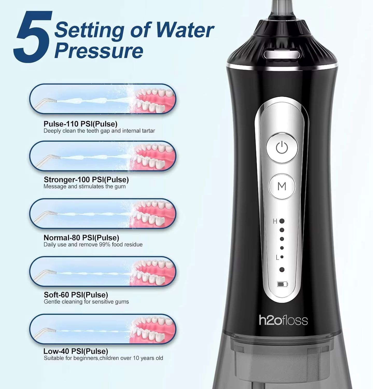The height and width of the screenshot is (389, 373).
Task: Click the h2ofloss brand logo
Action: [x=283, y=320]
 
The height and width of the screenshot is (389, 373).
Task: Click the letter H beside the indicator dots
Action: [x=275, y=221]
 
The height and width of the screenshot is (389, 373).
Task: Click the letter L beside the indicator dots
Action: [x=277, y=257]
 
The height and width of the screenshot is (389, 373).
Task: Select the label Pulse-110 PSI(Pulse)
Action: [x=80, y=124]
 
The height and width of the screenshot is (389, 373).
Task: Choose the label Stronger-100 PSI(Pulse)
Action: [x=86, y=179]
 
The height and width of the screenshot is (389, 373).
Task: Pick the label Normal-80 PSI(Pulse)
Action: [x=81, y=238]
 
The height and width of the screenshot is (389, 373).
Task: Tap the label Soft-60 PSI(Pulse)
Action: [x=76, y=295]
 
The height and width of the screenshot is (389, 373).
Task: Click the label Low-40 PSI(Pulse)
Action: [x=76, y=351]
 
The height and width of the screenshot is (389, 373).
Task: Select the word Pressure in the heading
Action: [x=99, y=51]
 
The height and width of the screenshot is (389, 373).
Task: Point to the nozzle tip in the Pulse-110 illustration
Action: [x=54, y=100]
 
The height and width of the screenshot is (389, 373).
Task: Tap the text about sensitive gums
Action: [x=86, y=302]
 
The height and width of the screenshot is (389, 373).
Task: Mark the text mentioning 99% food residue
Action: [x=93, y=245]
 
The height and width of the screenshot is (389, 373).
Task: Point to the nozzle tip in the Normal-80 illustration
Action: [x=54, y=213]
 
